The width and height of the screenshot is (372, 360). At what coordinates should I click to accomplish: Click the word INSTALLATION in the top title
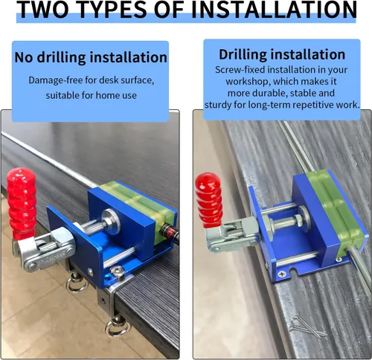274,10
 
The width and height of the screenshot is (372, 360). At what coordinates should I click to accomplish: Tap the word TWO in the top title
42,10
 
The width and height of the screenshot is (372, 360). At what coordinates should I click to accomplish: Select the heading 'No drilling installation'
91,57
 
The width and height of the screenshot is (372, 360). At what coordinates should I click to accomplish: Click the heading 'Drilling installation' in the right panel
282,54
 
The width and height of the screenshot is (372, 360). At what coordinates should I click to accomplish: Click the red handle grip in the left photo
22,203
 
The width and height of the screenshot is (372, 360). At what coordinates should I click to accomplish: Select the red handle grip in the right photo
209,200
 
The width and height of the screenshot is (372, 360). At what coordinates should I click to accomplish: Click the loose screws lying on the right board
307,326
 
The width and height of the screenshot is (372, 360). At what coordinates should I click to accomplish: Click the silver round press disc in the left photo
112,222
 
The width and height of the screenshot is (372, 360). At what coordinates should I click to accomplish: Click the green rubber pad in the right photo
335,210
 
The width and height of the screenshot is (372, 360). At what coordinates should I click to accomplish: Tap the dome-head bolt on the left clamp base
117,271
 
